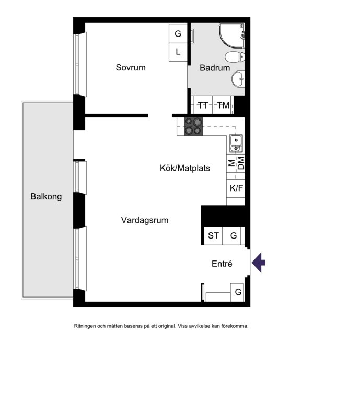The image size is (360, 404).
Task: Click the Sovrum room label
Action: click(131, 67)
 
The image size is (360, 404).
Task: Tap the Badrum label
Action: click(215, 68)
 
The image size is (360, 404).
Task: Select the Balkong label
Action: click(46, 197)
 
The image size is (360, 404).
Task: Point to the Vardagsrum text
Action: click(145, 220)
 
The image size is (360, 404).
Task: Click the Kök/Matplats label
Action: click(185, 168)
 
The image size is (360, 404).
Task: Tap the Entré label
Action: click(222, 264)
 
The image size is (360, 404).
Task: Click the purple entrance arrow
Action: click(259, 263)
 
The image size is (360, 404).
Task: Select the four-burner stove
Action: click(193, 126)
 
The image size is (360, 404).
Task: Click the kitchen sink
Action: click(236, 143)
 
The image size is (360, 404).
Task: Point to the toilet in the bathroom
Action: click(235, 56)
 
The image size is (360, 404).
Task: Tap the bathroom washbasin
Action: click(238, 78)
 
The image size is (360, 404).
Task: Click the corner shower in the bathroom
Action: click(231, 35)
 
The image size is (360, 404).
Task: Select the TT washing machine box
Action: click(203, 105)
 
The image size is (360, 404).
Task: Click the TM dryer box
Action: click(223, 105)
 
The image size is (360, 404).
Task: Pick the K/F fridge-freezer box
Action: click(236, 188)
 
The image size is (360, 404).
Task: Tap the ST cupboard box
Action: click(213, 236)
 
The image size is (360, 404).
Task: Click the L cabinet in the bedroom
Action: click(178, 52)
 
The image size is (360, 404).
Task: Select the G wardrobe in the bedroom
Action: click(178, 33)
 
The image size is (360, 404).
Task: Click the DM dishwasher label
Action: click(240, 163)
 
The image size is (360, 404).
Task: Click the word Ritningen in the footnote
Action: click(85, 326)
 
